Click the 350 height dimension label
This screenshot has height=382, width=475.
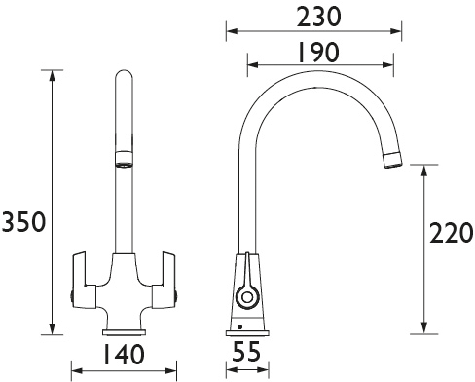pos(23,222)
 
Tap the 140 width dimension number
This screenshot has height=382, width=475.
pos(124,354)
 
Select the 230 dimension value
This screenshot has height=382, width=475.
pos(319,17)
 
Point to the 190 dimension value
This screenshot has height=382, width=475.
pos(318,53)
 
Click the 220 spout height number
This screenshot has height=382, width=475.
pos(451,233)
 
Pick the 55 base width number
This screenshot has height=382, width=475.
pos(246,351)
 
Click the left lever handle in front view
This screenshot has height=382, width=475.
pos(84,280)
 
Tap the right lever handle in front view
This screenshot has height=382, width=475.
pos(164,280)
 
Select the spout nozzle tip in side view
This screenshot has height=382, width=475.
pos(392,160)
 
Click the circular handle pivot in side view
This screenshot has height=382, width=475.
pos(247,297)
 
